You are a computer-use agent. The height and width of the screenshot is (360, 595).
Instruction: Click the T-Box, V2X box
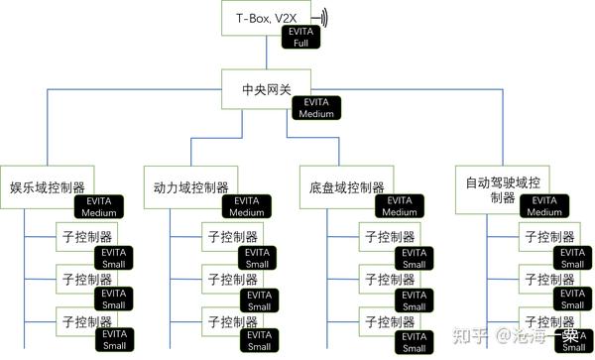click(x=265, y=17)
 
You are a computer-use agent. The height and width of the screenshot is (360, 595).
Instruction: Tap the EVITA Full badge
click(x=300, y=39)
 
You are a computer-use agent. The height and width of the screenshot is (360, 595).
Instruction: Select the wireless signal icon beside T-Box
click(x=323, y=18)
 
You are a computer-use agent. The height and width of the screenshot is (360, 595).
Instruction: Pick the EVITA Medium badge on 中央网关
click(x=317, y=108)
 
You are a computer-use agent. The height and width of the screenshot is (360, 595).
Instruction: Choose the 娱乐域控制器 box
click(x=48, y=186)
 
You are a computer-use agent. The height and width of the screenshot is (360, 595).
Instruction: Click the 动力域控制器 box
click(x=191, y=186)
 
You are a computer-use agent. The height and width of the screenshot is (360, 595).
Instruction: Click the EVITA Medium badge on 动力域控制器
click(x=245, y=206)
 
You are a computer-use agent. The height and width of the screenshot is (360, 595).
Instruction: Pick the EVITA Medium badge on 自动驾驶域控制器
click(x=543, y=206)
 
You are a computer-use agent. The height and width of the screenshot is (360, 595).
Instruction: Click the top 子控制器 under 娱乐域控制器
click(x=85, y=237)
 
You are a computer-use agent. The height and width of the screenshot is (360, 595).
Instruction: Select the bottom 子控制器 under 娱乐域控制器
click(x=85, y=321)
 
